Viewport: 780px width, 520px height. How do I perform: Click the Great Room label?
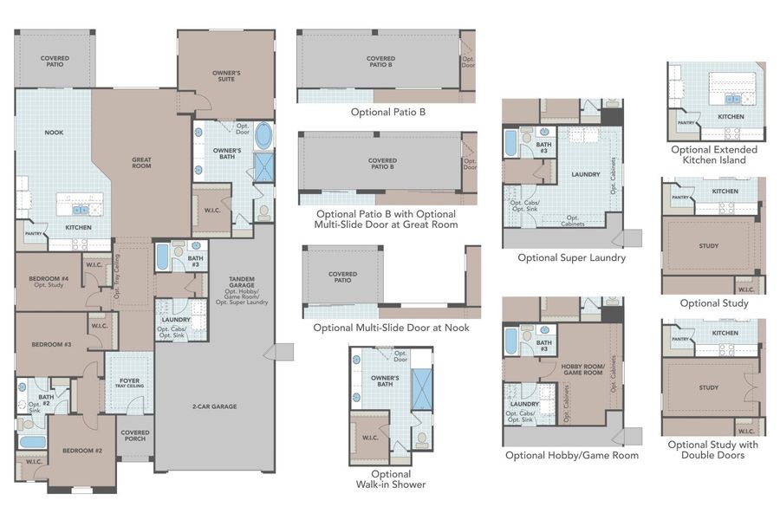click(x=141, y=162)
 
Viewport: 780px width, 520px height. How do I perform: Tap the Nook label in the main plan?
click(x=54, y=133)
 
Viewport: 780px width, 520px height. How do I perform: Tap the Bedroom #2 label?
click(x=81, y=451)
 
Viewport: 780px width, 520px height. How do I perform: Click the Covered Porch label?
click(x=135, y=436)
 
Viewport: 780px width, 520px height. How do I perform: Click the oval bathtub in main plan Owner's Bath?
click(x=263, y=138)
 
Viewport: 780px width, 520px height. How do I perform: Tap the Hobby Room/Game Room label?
click(x=582, y=369)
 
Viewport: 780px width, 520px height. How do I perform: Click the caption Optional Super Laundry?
click(x=571, y=257)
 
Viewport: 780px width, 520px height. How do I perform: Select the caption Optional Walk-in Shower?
click(x=391, y=479)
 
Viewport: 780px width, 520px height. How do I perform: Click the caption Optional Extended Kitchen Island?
click(x=713, y=155)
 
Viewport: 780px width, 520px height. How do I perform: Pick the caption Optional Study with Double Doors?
click(x=712, y=450)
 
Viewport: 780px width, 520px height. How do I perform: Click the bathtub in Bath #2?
click(x=33, y=442)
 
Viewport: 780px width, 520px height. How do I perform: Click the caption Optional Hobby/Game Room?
click(x=571, y=455)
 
